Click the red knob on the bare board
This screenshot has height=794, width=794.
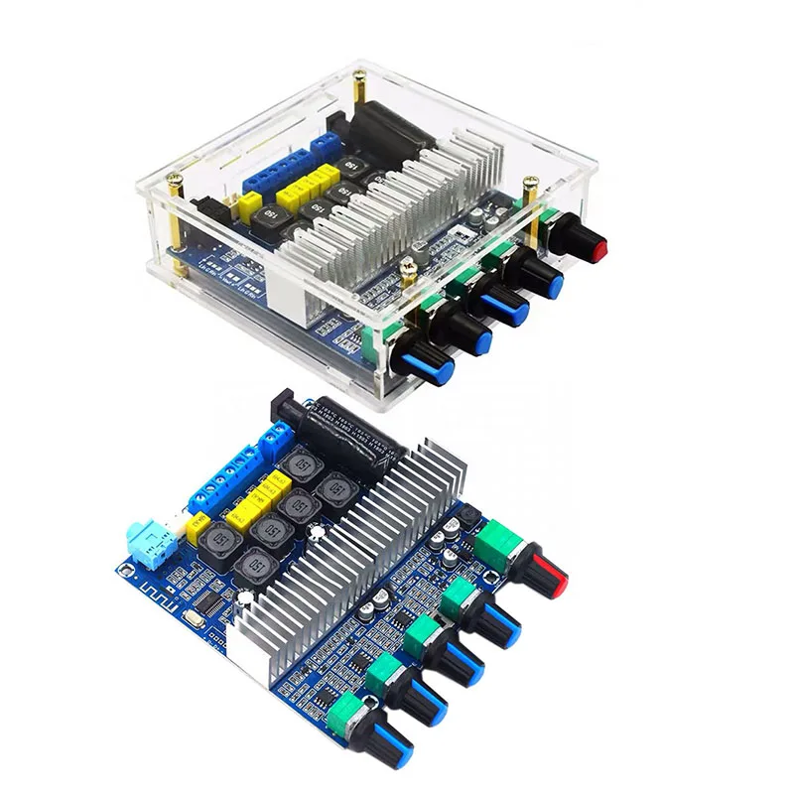(x=549, y=574)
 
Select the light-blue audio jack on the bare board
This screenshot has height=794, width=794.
(x=150, y=543)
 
